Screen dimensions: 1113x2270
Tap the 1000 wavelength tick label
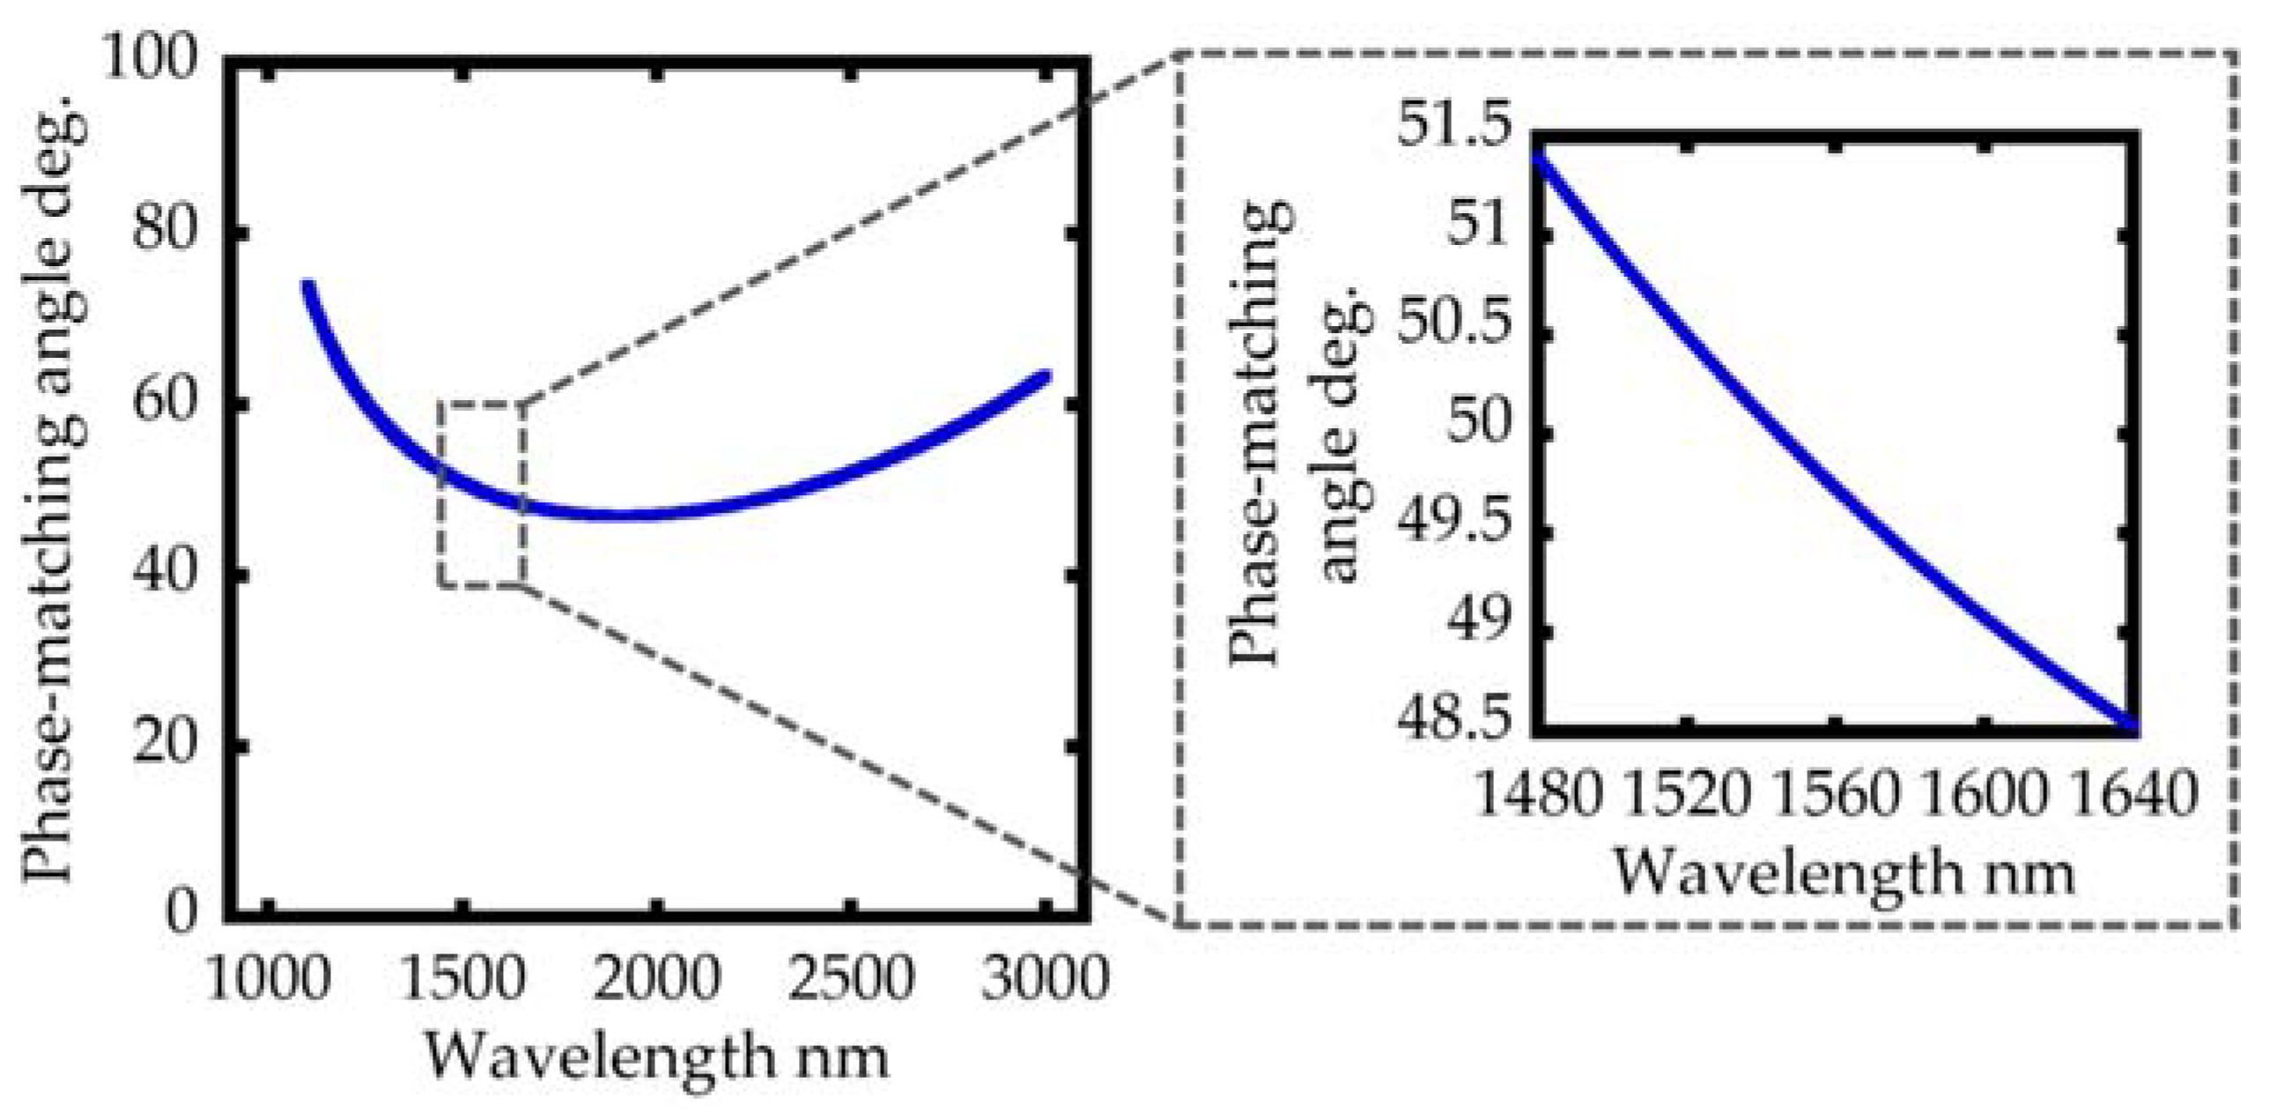pos(268,979)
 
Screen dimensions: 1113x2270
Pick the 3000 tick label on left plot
pos(1045,979)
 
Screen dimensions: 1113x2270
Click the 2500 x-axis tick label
pos(850,979)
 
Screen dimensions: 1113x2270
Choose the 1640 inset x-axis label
pos(2133,795)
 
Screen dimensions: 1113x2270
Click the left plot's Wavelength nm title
pos(656,1056)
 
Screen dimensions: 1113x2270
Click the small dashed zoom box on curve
pos(482,493)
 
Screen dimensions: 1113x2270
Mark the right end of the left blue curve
pos(1046,376)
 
